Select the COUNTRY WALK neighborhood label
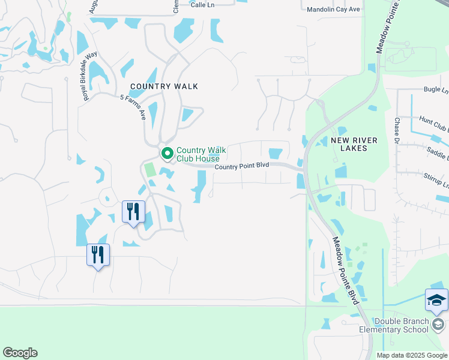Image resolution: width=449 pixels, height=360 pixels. (164, 86)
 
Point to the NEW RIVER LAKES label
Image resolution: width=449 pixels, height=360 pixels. (354, 144)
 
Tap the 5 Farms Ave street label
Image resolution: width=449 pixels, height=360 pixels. (133, 107)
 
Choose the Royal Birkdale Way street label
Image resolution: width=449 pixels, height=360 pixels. (90, 76)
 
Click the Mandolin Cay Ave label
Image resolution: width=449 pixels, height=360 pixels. (333, 10)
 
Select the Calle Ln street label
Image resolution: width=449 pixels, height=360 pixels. (202, 4)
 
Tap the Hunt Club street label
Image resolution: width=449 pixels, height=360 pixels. (433, 124)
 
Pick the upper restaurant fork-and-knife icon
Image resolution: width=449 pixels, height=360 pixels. (133, 212)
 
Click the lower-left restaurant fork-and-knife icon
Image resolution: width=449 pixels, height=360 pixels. (98, 254)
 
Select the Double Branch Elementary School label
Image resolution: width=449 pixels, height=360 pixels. (394, 325)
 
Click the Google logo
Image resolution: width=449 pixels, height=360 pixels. (20, 353)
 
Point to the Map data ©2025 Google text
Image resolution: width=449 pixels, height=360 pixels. (412, 355)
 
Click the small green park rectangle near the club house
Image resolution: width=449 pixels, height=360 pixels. (149, 169)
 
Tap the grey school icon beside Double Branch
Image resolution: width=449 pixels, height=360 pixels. (438, 325)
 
